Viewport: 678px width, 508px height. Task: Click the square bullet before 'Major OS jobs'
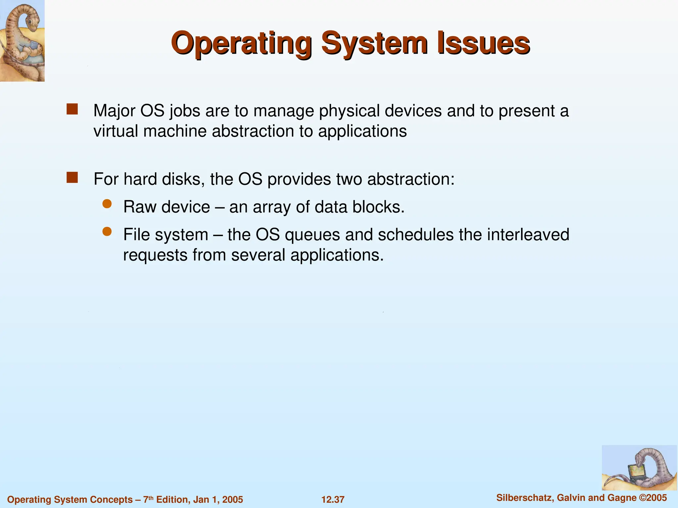click(72, 109)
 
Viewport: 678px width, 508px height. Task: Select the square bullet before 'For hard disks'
click(72, 178)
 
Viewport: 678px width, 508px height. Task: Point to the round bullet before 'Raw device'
click(107, 204)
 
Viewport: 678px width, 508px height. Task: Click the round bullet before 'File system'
click(107, 232)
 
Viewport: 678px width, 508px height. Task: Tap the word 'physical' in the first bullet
click(349, 111)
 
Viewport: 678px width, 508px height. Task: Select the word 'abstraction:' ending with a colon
click(411, 179)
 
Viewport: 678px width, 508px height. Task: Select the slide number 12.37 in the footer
click(333, 499)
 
